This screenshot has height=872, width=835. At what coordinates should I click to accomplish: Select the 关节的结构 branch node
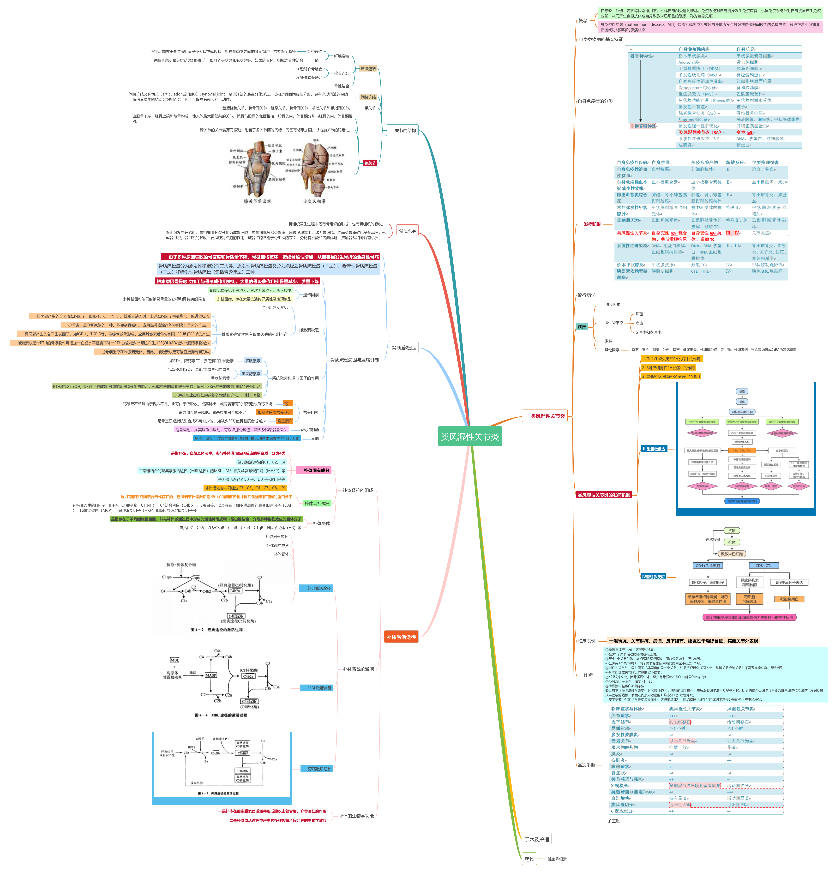[405, 130]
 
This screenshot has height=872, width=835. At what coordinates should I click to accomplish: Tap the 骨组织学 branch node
[407, 230]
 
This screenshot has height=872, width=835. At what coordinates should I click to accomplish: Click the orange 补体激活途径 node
[401, 637]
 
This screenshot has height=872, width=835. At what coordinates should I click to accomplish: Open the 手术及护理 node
[536, 840]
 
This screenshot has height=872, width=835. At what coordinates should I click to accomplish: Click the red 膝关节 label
[370, 163]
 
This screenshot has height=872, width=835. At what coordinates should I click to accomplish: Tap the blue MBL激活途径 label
[319, 688]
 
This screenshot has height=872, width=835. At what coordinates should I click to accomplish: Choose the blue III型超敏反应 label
[654, 449]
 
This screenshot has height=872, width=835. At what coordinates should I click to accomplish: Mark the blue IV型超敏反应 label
[653, 577]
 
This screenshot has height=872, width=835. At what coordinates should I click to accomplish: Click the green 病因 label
[582, 327]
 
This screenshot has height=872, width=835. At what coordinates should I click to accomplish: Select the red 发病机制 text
[592, 224]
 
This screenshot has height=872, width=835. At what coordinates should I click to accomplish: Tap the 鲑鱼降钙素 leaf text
[557, 859]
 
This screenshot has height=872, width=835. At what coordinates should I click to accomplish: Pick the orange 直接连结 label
[368, 68]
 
